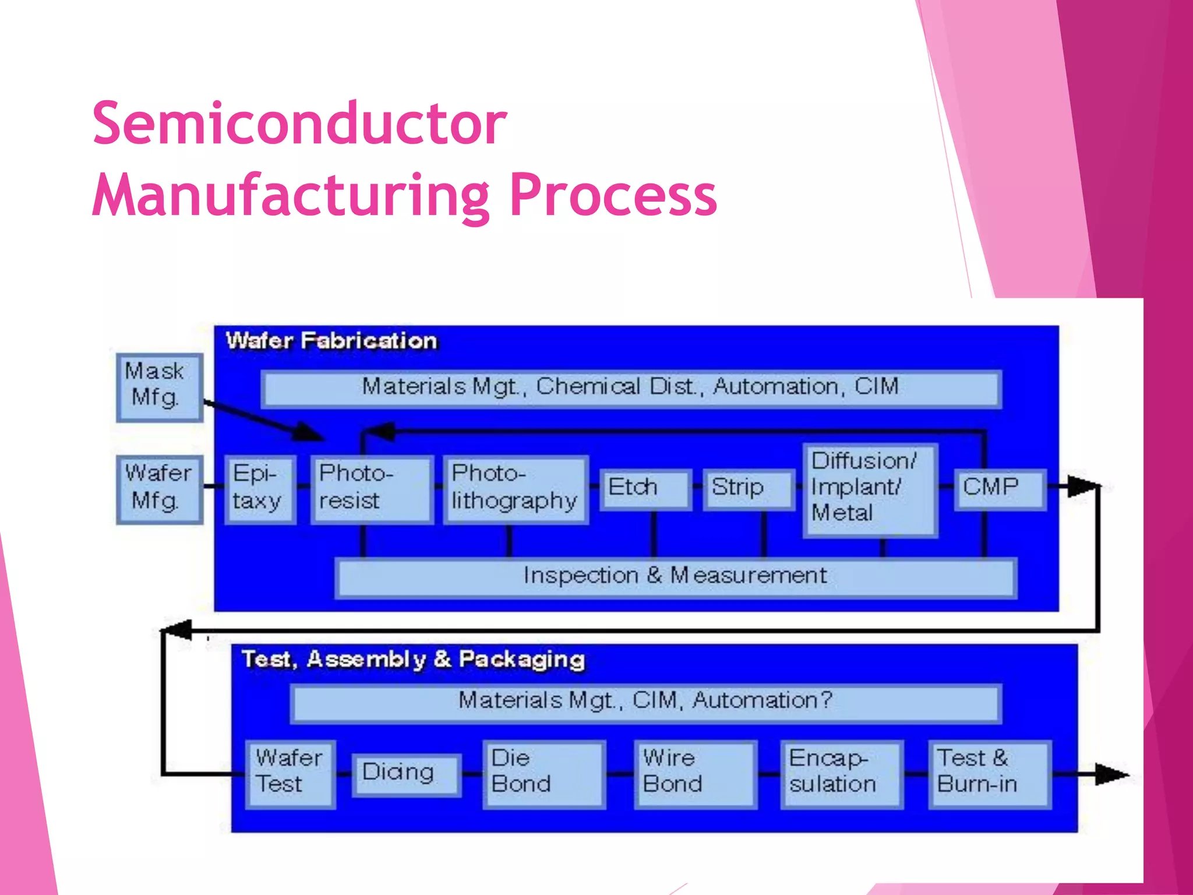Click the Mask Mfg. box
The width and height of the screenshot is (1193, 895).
(159, 387)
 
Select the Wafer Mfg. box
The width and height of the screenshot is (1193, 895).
(159, 489)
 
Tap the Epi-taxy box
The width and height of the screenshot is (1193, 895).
(260, 489)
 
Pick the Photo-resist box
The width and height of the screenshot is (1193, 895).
(372, 489)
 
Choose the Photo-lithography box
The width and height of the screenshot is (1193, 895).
(515, 489)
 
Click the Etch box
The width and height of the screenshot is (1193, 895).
(645, 489)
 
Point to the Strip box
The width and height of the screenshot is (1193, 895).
(748, 489)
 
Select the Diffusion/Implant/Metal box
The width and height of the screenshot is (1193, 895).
(870, 489)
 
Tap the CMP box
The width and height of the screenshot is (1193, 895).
(1000, 489)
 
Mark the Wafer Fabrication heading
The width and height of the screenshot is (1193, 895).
(331, 341)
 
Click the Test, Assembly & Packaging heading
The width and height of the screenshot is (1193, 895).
(413, 660)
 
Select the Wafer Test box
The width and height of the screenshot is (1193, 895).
(290, 774)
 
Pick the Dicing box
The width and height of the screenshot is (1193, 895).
(406, 774)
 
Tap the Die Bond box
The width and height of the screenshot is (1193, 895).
(543, 774)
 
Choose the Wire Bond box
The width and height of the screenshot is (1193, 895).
(695, 774)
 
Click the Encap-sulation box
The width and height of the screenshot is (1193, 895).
(841, 774)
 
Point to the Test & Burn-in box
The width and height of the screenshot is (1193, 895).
(989, 774)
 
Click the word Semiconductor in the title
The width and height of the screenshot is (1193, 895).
(299, 124)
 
